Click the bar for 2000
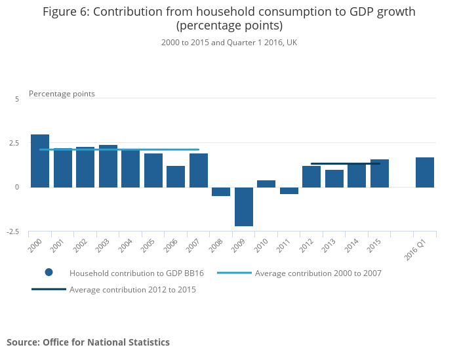40,161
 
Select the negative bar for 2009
244,207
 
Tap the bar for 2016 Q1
425,172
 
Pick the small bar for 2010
266,184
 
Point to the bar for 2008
221,191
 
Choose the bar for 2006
176,176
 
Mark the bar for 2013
334,178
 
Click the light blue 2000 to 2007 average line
118,150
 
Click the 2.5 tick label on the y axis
15,143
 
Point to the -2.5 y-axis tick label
14,231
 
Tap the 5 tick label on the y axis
18,98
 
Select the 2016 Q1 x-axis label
416,249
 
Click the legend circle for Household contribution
49,272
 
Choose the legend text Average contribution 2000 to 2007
318,273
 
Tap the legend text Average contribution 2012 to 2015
132,289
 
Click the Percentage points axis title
62,94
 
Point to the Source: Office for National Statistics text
88,342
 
